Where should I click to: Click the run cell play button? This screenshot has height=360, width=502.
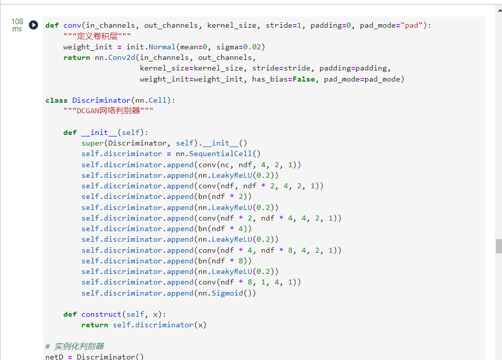(33, 25)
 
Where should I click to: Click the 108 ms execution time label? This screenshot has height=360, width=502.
(17, 25)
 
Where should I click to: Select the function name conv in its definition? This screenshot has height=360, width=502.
(72, 25)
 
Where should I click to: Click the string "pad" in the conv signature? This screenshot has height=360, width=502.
(411, 25)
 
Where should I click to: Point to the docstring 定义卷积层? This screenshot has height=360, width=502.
(97, 36)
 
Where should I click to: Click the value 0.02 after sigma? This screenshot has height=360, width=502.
(252, 47)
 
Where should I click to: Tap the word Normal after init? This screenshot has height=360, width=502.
(162, 47)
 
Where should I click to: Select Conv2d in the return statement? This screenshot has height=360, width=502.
(122, 57)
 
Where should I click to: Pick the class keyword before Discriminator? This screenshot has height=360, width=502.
(56, 100)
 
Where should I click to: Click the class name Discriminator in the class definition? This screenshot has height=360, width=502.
(101, 100)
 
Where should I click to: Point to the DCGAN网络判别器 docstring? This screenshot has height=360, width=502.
(108, 111)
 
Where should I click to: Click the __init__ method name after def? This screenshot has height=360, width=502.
(99, 132)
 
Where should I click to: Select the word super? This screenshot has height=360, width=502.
(93, 143)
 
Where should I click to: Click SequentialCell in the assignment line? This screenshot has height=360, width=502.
(220, 154)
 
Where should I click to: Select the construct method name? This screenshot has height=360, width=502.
(101, 314)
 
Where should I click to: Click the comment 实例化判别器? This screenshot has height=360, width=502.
(79, 346)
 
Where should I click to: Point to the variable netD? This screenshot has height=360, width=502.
(54, 356)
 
